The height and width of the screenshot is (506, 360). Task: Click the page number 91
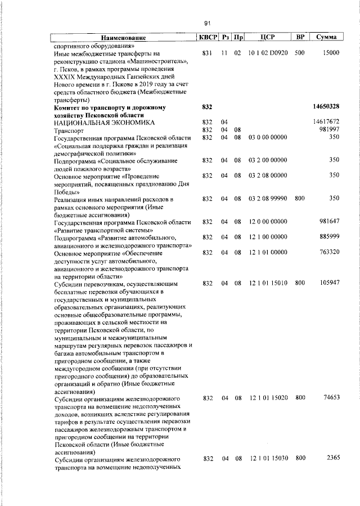point(208,23)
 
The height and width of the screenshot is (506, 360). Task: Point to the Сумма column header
point(327,37)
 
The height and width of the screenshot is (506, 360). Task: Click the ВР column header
point(300,37)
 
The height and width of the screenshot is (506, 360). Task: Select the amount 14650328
point(325,106)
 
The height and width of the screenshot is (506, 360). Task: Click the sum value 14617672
point(326,122)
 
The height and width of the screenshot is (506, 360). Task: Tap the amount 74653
point(330,398)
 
